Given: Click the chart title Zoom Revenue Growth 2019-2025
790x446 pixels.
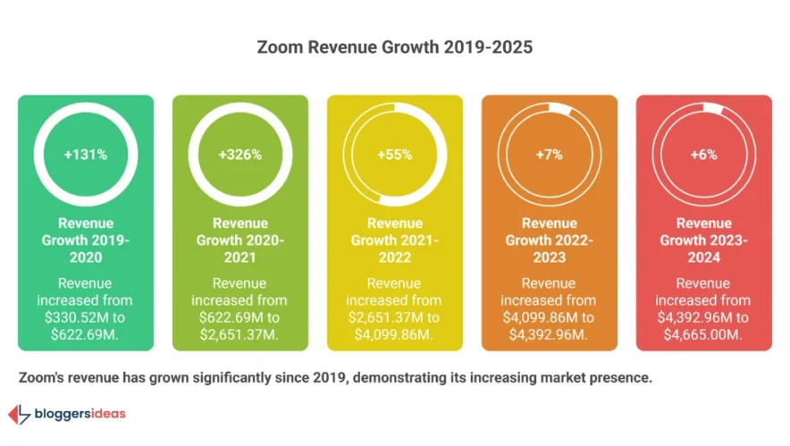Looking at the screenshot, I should (x=394, y=47).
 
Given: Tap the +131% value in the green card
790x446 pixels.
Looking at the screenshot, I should (x=86, y=155).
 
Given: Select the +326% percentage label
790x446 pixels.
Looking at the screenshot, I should (x=240, y=155).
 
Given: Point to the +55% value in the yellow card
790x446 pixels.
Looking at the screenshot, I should (x=395, y=155).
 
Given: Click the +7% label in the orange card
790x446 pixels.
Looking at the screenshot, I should (x=549, y=155).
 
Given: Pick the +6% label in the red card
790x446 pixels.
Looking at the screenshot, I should (x=703, y=155).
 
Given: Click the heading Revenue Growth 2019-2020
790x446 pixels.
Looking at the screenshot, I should (x=86, y=240).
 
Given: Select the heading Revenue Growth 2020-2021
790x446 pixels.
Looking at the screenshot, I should (x=240, y=240).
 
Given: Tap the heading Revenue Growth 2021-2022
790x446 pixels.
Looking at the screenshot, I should (x=395, y=240).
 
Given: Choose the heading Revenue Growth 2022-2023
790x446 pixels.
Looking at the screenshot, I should (x=549, y=240).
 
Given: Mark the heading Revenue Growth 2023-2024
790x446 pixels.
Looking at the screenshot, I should (x=703, y=240).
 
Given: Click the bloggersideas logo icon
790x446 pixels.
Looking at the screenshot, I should (x=19, y=414).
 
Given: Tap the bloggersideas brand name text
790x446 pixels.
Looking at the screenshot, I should (x=80, y=414).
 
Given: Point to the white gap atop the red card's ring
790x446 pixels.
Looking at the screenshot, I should (x=713, y=109).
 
